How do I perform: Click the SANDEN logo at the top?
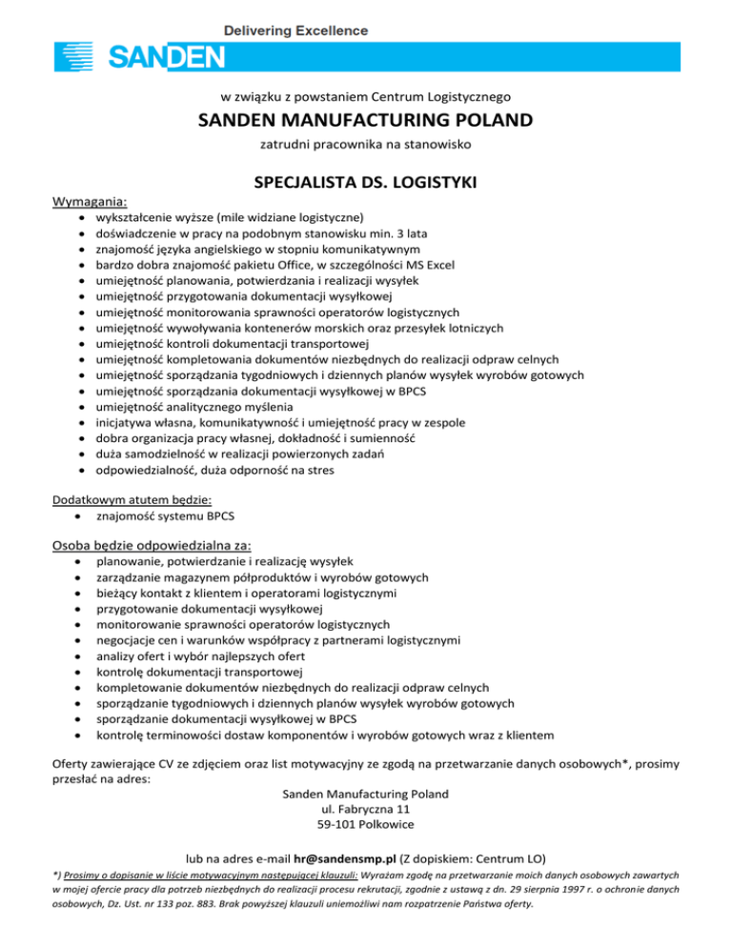140,58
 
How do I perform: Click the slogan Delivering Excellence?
295,30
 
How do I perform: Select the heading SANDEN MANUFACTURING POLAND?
365,121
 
